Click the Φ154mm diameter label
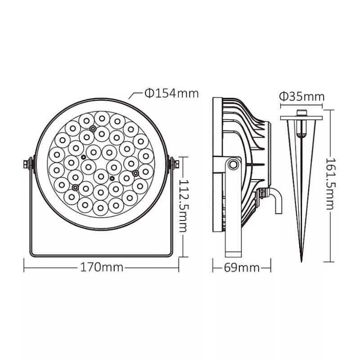[172, 94]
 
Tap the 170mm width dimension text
[102, 267]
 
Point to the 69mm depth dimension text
[242, 268]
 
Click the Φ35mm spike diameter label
[302, 97]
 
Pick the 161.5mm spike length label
[330, 183]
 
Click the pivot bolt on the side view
[234, 164]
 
